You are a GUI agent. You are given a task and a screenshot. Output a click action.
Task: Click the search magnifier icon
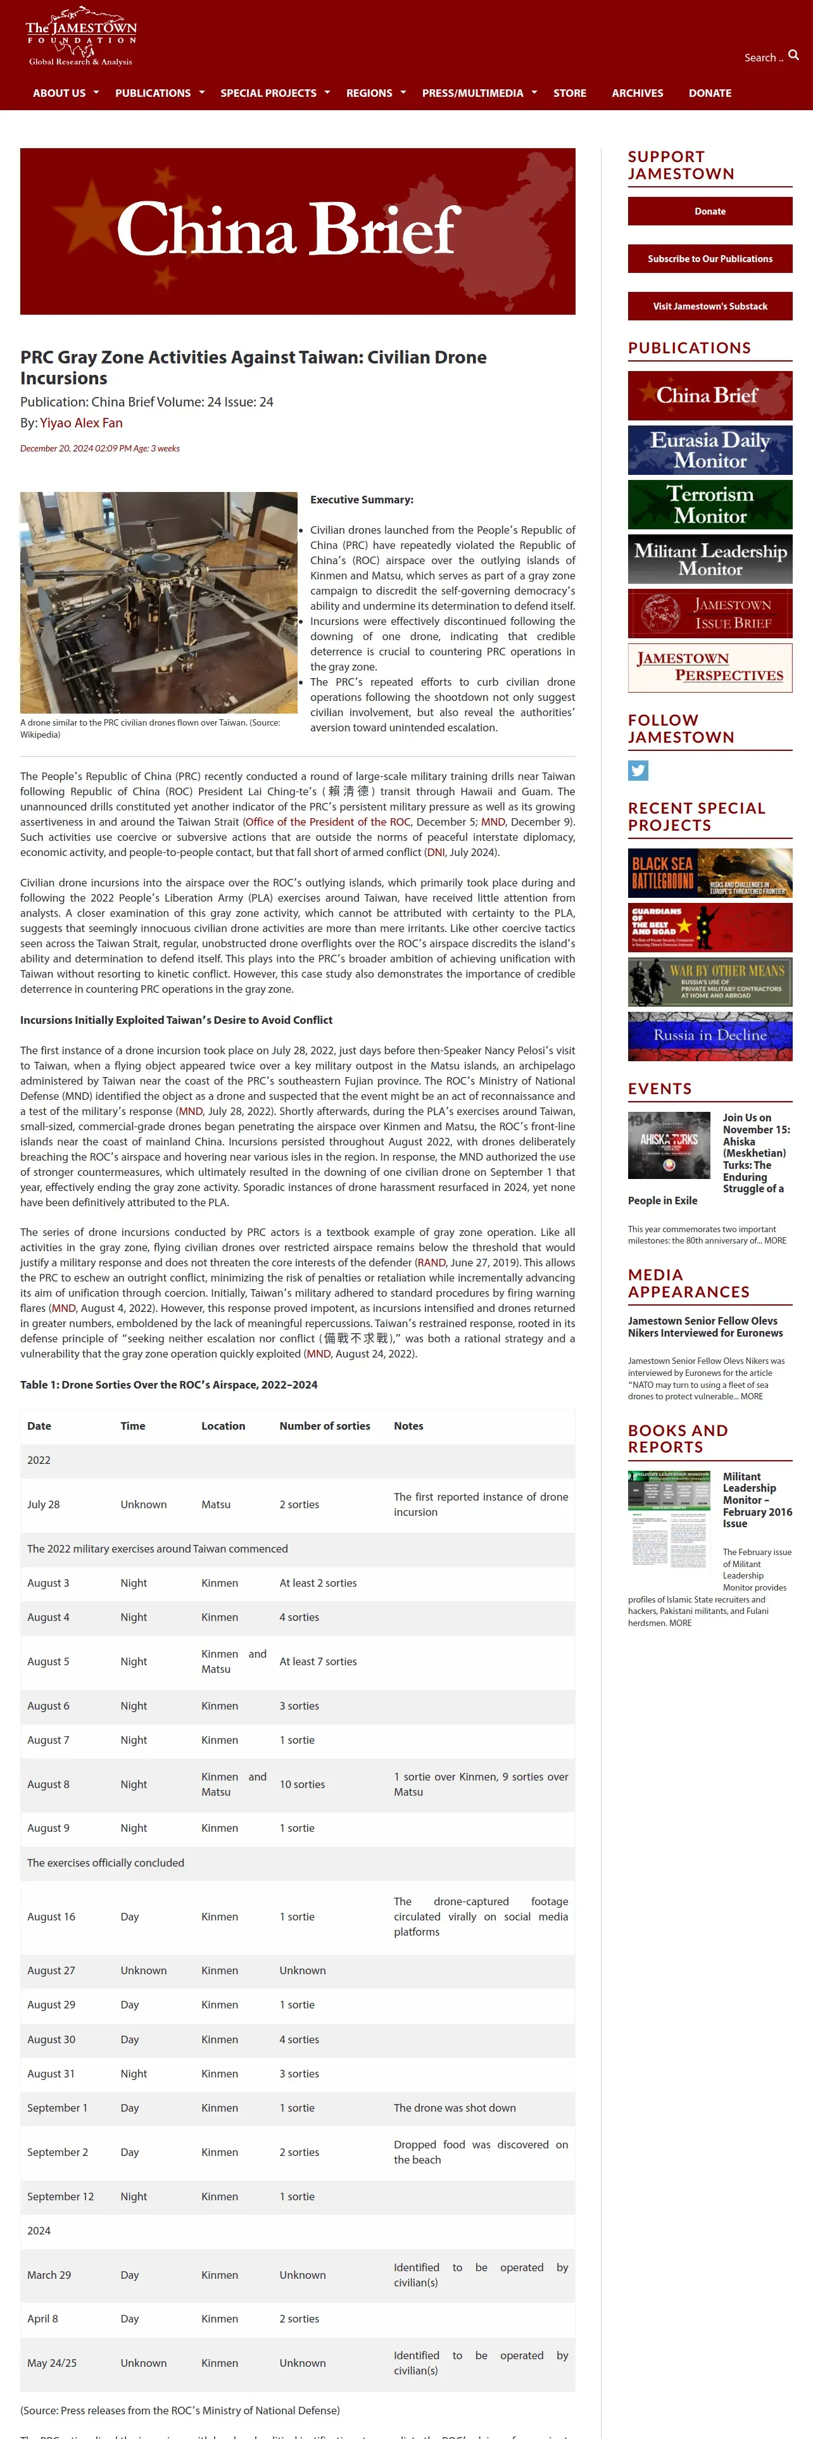793,55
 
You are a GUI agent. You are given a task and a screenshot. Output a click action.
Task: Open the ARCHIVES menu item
637,93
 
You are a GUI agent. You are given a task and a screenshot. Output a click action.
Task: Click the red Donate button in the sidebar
710,211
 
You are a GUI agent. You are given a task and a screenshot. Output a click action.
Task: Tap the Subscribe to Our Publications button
710,258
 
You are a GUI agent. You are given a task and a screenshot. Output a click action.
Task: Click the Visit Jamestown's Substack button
710,306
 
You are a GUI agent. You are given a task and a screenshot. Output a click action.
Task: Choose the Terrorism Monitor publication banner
710,505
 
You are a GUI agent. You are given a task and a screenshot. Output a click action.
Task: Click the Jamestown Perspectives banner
710,667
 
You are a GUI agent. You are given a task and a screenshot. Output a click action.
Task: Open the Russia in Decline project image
710,1036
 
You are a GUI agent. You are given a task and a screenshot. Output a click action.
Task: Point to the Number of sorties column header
325,1426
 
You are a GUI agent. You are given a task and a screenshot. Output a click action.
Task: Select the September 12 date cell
61,2196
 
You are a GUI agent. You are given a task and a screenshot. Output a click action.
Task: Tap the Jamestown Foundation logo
82,40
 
